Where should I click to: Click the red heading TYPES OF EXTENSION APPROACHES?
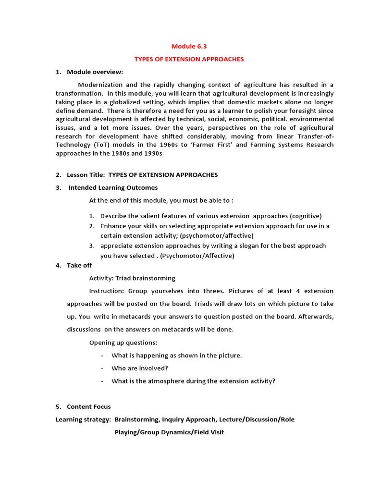click(188, 59)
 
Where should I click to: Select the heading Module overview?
click(95, 72)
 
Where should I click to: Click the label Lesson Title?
click(86, 175)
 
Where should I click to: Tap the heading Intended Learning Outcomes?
click(113, 187)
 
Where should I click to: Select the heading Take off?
click(79, 265)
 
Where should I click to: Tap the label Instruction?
click(107, 291)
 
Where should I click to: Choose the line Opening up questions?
click(123, 343)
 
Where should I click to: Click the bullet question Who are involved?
click(139, 368)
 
